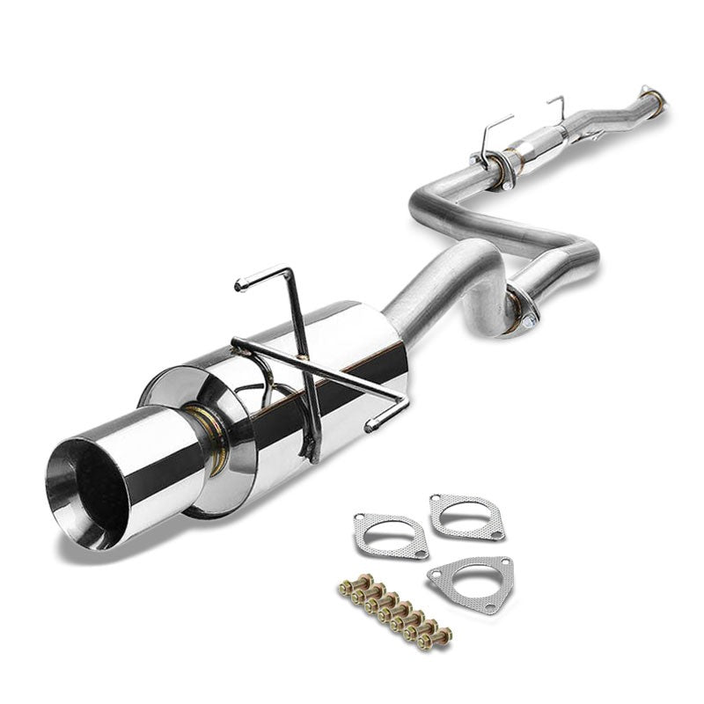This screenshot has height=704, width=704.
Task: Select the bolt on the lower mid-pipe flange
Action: [x=525, y=323]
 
